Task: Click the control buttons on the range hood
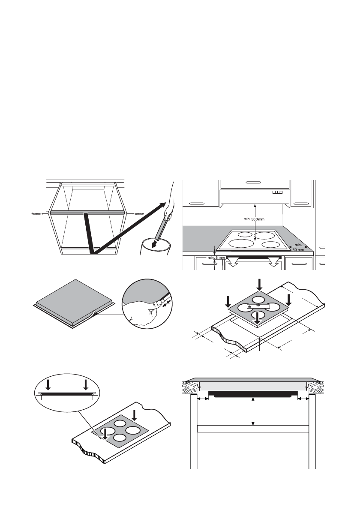(278, 193)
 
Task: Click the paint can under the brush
(156, 250)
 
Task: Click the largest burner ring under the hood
(240, 244)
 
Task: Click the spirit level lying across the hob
(258, 306)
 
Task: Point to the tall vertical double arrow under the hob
(253, 411)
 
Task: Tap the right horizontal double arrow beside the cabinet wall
(304, 399)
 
